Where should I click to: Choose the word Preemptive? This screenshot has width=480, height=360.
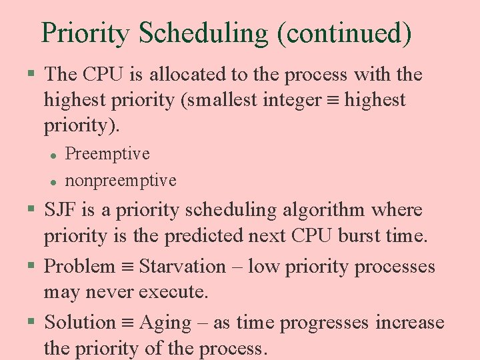107,153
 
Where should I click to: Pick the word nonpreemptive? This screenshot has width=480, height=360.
121,180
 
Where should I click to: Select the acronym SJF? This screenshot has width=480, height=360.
62,210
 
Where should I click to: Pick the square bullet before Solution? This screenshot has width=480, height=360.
31,322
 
